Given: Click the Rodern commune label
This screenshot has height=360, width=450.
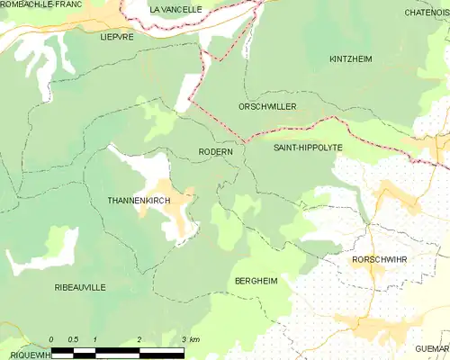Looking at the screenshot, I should (x=216, y=152).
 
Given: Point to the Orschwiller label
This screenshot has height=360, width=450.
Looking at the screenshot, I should (x=267, y=106).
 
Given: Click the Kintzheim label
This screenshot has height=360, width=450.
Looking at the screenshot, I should (x=351, y=58).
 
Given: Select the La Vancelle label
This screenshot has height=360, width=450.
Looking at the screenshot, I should (x=175, y=9).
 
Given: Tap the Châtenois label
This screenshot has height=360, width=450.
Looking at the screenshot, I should (x=427, y=13).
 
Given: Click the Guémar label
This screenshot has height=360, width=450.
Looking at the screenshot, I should (x=432, y=348).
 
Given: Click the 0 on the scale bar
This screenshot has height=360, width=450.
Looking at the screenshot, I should (x=51, y=339).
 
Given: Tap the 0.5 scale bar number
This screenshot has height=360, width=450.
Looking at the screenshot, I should (x=73, y=339).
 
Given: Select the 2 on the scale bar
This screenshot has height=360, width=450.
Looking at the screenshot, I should (x=139, y=339).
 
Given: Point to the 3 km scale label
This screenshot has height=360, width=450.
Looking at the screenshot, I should (x=190, y=339).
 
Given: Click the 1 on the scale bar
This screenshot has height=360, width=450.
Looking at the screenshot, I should (x=95, y=339).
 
